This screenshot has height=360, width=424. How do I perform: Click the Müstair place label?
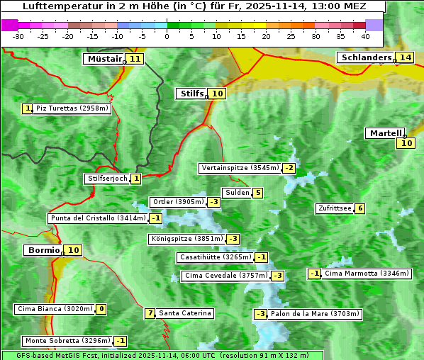point(104,59)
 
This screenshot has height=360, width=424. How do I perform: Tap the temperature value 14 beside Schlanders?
point(405,57)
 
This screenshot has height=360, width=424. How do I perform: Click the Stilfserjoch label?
point(107,179)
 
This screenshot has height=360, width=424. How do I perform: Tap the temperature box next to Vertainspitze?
point(289,168)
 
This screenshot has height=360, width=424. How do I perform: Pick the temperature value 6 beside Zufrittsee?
point(360,208)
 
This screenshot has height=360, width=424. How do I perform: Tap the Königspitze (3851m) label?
point(186,239)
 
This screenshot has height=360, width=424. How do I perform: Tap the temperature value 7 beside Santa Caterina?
point(150,313)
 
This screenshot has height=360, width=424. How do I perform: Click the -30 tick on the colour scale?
point(18,36)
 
